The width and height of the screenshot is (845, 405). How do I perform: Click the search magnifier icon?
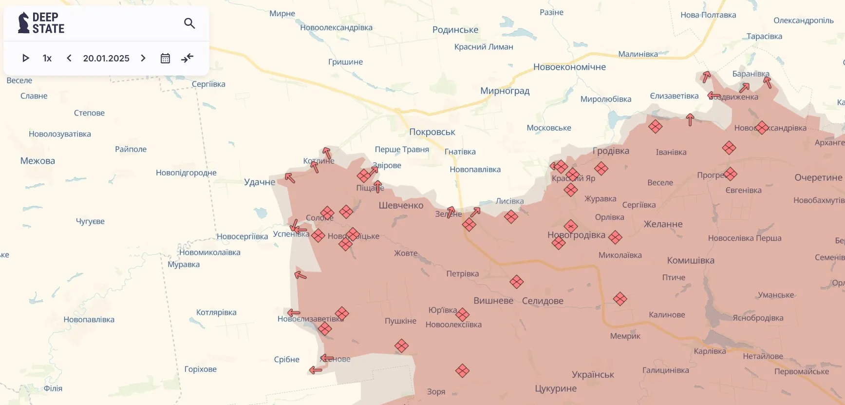[x=189, y=23]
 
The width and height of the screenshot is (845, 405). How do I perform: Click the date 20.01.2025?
[x=106, y=58]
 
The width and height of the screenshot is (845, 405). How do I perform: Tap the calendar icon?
[x=165, y=58]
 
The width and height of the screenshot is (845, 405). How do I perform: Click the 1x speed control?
[x=47, y=58]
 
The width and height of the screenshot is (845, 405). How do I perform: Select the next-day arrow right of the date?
[x=143, y=58]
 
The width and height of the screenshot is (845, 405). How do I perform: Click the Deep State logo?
[x=41, y=23]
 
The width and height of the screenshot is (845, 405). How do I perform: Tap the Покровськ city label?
[x=432, y=132]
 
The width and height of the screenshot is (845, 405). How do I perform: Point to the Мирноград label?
[x=505, y=91]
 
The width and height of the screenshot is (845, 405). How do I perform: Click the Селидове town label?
[x=543, y=301]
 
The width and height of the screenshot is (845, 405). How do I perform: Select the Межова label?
[x=38, y=161]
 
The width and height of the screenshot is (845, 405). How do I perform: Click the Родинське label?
[x=455, y=30]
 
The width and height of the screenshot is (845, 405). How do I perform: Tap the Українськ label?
[x=593, y=375]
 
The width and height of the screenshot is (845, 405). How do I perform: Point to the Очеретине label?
[x=818, y=177]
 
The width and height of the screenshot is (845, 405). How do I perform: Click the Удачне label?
[x=260, y=182]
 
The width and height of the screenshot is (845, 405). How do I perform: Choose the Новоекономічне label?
[x=569, y=67]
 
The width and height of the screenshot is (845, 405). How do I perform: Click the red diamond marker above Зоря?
[x=462, y=371]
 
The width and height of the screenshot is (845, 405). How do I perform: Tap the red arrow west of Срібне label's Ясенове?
[x=316, y=370]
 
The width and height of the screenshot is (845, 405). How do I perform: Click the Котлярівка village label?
[x=216, y=312]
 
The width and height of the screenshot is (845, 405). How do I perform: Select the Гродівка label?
[x=611, y=151]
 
